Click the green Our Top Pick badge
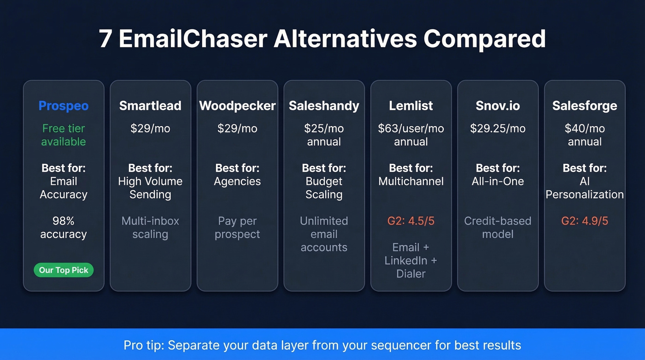[x=64, y=270]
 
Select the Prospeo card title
[x=64, y=106]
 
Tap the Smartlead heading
[x=150, y=106]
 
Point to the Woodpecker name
[x=237, y=106]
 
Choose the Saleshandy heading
[x=324, y=106]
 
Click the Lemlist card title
[x=411, y=106]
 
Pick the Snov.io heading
[x=498, y=106]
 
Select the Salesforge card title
[x=585, y=106]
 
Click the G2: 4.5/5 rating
[x=411, y=221]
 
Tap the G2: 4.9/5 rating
[x=585, y=221]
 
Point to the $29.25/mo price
[x=498, y=129]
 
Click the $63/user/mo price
[x=411, y=129]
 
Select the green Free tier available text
[x=64, y=135]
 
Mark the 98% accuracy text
[x=64, y=228]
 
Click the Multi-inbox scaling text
[x=150, y=228]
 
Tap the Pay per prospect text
[x=237, y=228]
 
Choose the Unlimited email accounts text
[x=324, y=234]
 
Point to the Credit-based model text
[x=498, y=228]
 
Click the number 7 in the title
[x=105, y=39]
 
